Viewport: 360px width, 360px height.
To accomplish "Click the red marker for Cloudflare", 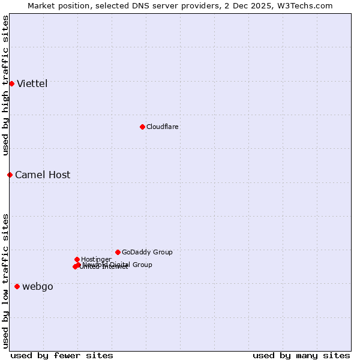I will (x=142, y=127).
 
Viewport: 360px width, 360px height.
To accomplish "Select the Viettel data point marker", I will (x=11, y=83).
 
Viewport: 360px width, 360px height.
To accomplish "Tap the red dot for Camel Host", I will (x=10, y=175).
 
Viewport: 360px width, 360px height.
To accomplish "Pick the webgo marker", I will (x=17, y=286).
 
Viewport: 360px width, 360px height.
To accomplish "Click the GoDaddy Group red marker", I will (x=118, y=252).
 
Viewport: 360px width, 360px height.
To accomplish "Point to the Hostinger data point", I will (x=77, y=259).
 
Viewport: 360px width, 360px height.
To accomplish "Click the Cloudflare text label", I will (x=162, y=127).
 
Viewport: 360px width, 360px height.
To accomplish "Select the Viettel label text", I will (x=32, y=83).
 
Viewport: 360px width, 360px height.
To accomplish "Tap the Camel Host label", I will (x=42, y=175).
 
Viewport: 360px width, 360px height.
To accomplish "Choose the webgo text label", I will (x=37, y=286).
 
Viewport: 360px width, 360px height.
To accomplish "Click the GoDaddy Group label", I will (x=147, y=252).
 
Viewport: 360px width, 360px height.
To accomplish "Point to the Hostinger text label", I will (x=96, y=259).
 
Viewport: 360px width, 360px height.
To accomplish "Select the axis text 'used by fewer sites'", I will (x=62, y=355).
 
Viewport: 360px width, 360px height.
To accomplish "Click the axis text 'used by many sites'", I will (x=301, y=355).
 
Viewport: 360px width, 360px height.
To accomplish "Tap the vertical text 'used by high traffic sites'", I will (x=5, y=85).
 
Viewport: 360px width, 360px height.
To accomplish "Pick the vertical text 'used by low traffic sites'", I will (x=5, y=280).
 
